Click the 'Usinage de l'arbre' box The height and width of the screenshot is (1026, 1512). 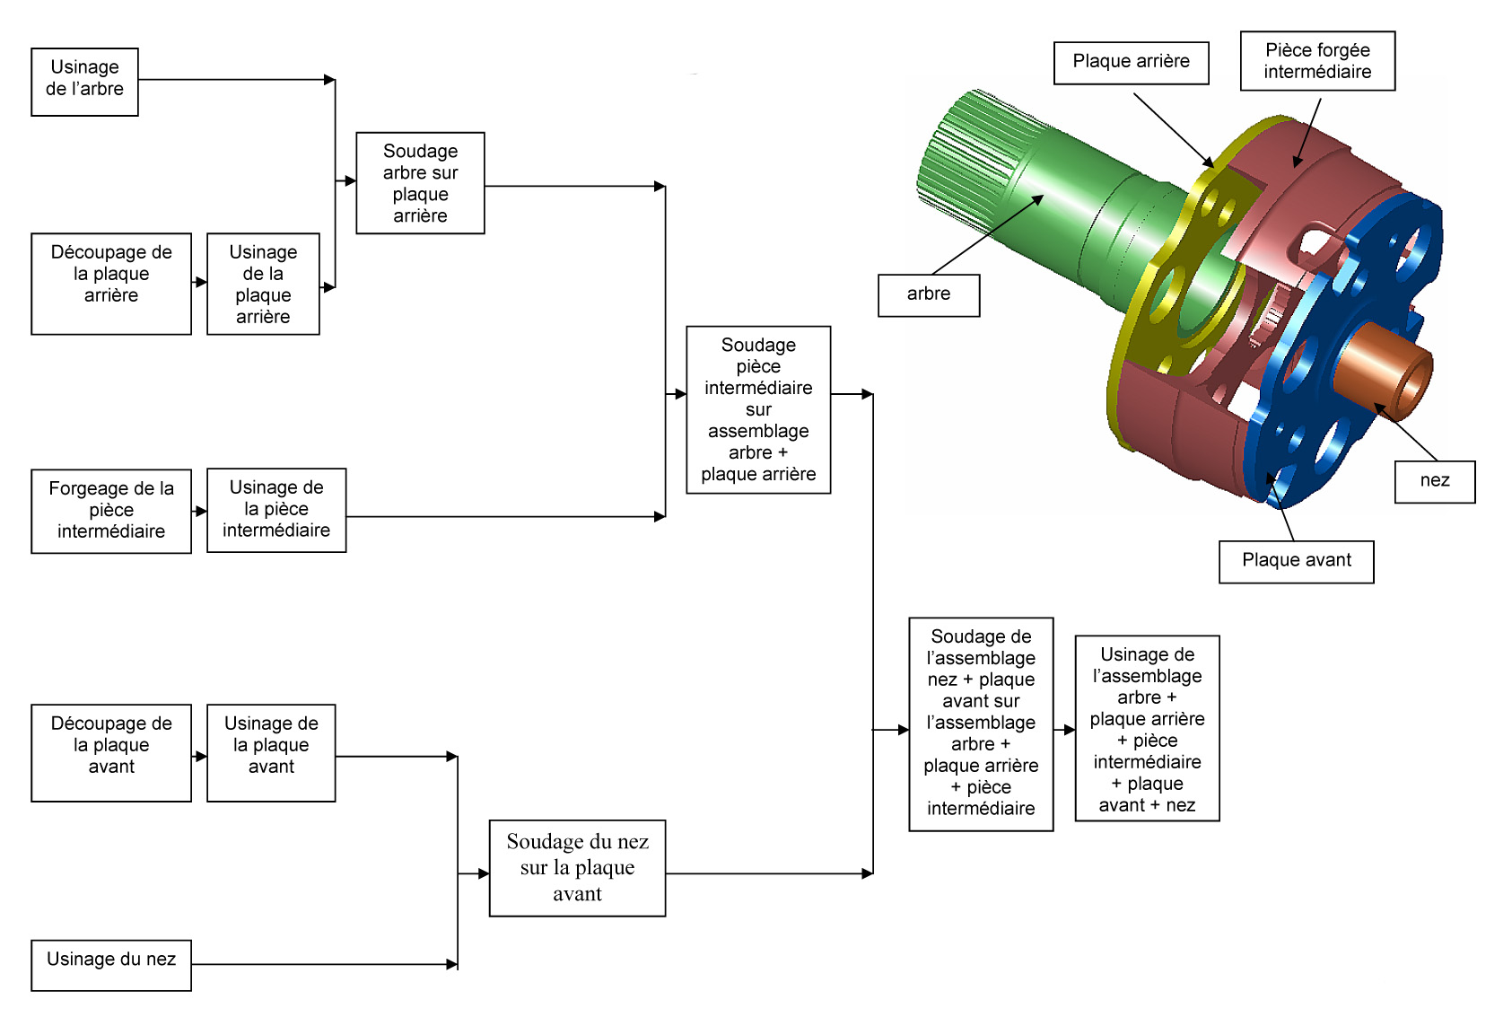click(x=84, y=82)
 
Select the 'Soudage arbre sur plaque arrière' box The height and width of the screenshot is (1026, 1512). click(x=420, y=183)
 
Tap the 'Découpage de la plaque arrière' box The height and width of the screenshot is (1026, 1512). click(x=111, y=284)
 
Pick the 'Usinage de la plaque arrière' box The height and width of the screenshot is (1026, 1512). click(x=263, y=284)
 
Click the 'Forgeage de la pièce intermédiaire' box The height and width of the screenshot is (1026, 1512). click(x=111, y=511)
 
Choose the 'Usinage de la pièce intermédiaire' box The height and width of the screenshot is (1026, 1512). click(x=276, y=510)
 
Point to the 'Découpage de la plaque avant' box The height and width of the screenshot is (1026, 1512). click(x=111, y=752)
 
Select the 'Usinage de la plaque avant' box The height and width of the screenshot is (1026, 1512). click(x=271, y=752)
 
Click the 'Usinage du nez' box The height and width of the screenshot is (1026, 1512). click(x=111, y=965)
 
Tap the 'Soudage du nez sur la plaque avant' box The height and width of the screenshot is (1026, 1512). click(x=577, y=868)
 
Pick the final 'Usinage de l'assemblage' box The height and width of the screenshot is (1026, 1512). click(x=1147, y=728)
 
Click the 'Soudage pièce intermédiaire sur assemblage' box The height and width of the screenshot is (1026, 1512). click(x=758, y=409)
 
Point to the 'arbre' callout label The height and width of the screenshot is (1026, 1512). click(x=929, y=295)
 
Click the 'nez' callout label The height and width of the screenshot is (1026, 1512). click(x=1435, y=481)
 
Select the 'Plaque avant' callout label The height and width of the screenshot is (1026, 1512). click(x=1296, y=561)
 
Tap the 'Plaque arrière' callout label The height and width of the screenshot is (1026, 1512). click(x=1131, y=63)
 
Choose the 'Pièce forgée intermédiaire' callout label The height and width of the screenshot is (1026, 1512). click(x=1317, y=61)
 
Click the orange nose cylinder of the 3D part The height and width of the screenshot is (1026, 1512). click(x=1382, y=368)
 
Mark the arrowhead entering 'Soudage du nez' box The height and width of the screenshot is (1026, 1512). click(x=483, y=873)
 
